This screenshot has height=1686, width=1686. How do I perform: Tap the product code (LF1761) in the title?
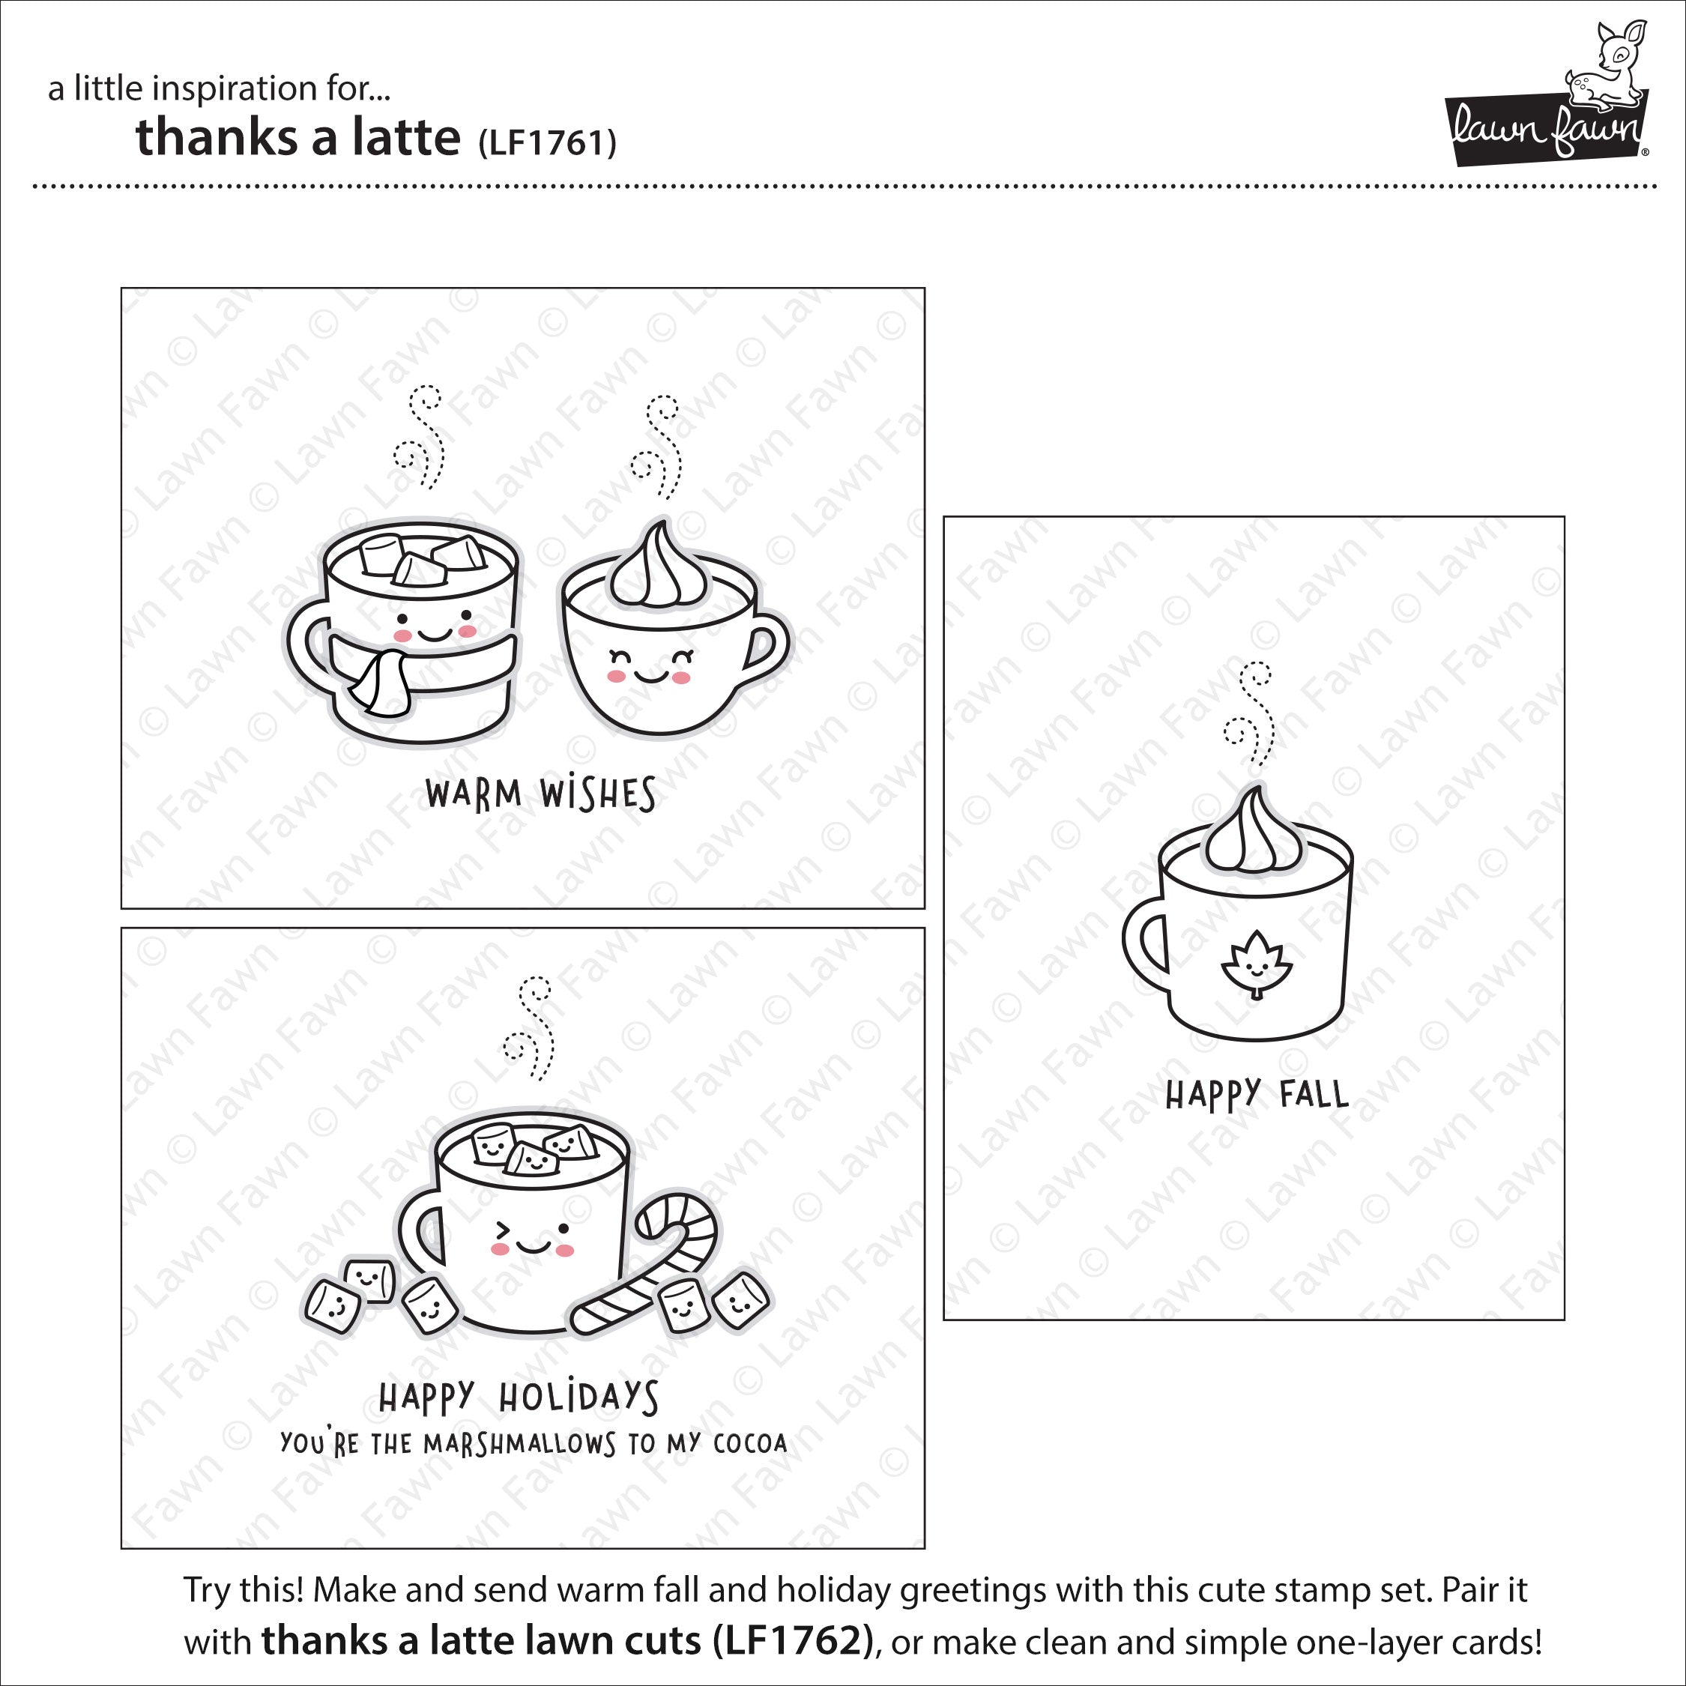tap(547, 142)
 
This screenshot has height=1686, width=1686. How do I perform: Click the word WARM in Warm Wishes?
tap(474, 794)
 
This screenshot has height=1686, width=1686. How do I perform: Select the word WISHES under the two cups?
tap(598, 795)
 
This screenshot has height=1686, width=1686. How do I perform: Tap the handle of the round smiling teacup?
tap(765, 647)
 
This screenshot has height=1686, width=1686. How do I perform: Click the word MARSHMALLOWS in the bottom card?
tap(520, 1444)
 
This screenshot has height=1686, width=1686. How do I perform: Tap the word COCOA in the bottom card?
tap(751, 1443)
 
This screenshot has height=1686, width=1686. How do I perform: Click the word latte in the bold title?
tap(406, 137)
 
